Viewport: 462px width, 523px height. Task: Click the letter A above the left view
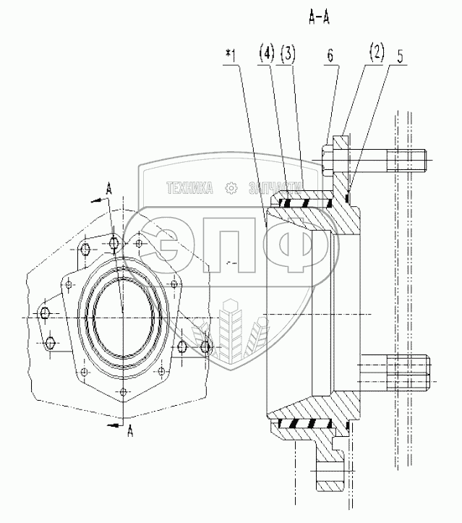(x=108, y=187)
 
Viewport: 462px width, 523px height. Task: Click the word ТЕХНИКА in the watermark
(x=190, y=188)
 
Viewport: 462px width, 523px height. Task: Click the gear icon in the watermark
(x=231, y=188)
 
